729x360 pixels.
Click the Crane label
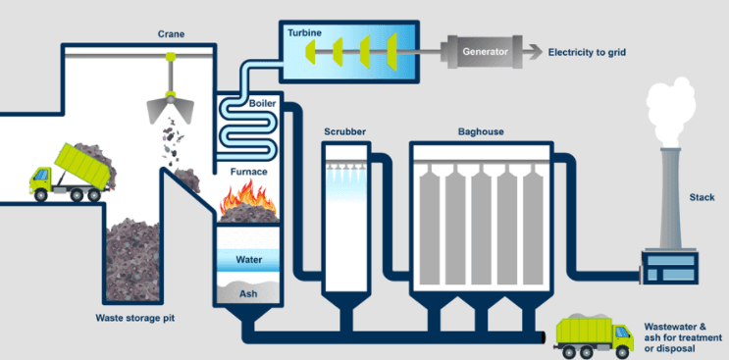[171, 34]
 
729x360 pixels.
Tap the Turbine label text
[304, 33]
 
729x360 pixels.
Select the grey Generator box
[485, 52]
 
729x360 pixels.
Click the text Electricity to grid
[587, 52]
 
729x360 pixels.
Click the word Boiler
[262, 103]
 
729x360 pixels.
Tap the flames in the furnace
[248, 197]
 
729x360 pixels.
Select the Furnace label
[249, 172]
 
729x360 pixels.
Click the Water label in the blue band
[249, 259]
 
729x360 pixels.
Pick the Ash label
[248, 293]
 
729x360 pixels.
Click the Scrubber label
[345, 131]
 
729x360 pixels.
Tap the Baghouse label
[481, 131]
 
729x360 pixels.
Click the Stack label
[702, 197]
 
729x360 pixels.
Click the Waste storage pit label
[135, 318]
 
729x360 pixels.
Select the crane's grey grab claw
[170, 110]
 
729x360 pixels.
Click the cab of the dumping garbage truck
[40, 179]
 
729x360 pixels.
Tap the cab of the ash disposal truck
[621, 335]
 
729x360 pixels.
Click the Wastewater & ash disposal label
[683, 337]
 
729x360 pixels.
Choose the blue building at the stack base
[670, 267]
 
